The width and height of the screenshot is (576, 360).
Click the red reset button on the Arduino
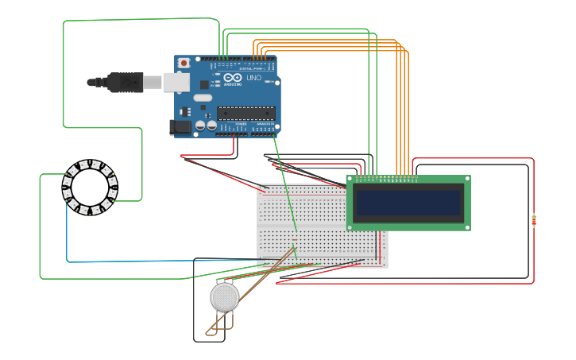(x=184, y=62)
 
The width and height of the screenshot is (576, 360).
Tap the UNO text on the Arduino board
(x=253, y=78)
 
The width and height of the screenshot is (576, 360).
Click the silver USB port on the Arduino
(x=176, y=82)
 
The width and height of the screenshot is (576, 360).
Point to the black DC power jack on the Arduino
(x=181, y=126)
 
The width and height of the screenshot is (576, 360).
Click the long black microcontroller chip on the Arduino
(x=246, y=113)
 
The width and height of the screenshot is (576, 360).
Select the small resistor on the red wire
(x=534, y=220)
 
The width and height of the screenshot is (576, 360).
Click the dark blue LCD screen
(x=408, y=203)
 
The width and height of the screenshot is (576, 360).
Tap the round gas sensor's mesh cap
(x=224, y=297)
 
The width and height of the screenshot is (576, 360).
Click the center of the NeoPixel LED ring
(x=90, y=188)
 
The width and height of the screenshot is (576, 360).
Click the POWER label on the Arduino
(x=241, y=125)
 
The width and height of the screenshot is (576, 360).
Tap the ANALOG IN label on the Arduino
(x=264, y=125)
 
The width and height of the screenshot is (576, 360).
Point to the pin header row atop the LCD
(x=385, y=178)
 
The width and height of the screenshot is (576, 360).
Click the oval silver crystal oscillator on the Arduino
(x=203, y=99)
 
